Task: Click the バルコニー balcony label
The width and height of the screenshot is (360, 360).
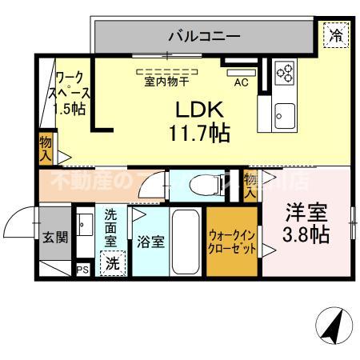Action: click(204, 35)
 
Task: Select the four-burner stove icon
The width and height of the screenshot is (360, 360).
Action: click(285, 74)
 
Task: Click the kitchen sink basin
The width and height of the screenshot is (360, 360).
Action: click(283, 110)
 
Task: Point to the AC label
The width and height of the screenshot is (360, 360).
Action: click(240, 82)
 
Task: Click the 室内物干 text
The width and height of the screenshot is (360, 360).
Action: click(166, 82)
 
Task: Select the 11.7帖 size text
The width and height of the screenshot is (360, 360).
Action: click(199, 133)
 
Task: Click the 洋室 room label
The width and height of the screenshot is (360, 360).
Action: click(308, 214)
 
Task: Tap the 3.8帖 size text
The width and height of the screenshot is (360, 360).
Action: click(308, 235)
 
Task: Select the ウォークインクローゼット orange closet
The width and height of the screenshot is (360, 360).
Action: click(232, 242)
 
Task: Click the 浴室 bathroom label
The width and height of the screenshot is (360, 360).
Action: click(150, 242)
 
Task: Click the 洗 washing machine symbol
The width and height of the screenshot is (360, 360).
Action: click(112, 261)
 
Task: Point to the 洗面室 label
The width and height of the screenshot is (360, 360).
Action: click(111, 226)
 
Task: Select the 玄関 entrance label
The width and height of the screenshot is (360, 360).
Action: click(55, 238)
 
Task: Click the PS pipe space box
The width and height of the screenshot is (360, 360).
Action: click(82, 270)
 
